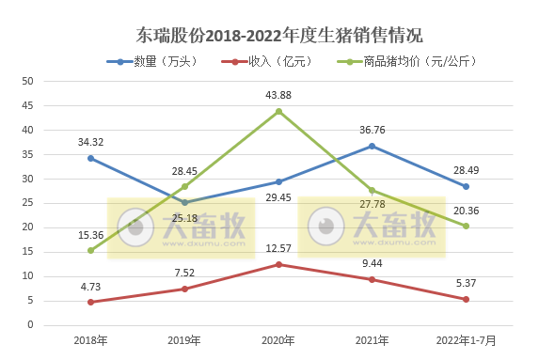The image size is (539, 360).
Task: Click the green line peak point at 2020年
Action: point(278,111)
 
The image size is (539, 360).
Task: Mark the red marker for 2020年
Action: point(278,264)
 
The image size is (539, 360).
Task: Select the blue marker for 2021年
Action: point(373,146)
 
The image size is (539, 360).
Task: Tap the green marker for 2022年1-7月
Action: point(466,226)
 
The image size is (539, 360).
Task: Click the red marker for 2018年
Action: point(91,302)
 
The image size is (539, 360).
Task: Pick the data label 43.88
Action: point(278,94)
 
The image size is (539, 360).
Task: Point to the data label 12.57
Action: point(278,248)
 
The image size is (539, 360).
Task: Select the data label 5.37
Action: point(466,283)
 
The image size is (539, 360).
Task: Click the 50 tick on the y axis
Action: point(27,81)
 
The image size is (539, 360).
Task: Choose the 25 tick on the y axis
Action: point(27,203)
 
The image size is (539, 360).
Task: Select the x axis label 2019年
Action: point(184,338)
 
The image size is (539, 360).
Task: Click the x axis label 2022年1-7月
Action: point(466,338)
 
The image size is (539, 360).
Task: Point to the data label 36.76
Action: point(373,129)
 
